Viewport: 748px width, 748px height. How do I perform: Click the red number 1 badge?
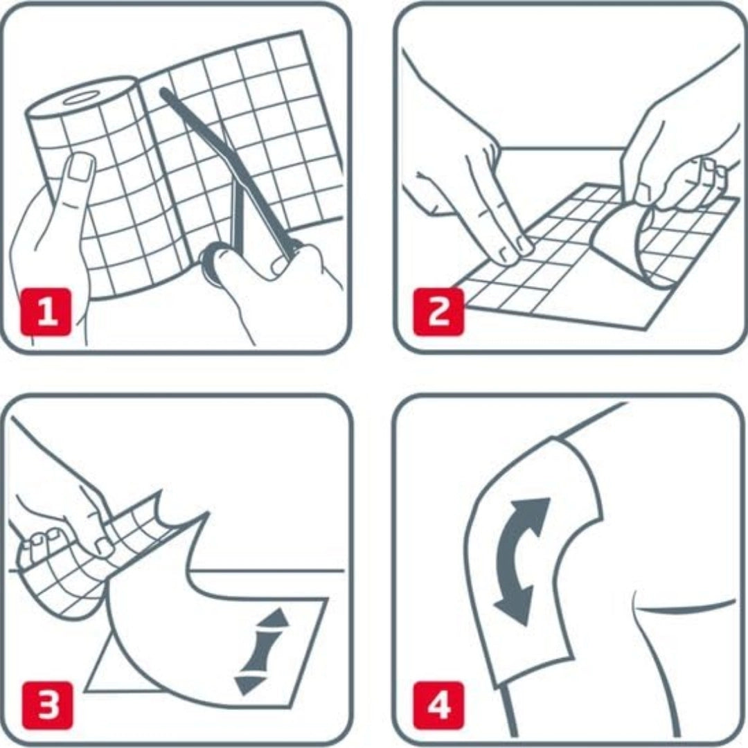(46, 312)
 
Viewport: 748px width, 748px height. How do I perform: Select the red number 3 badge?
(48, 706)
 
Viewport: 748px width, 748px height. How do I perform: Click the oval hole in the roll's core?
(79, 98)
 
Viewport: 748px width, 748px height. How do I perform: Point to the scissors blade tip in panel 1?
(163, 91)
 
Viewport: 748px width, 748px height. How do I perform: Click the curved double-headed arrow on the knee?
(522, 561)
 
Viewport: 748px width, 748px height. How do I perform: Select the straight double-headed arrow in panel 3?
(262, 651)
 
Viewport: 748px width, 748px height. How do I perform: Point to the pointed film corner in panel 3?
(208, 514)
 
